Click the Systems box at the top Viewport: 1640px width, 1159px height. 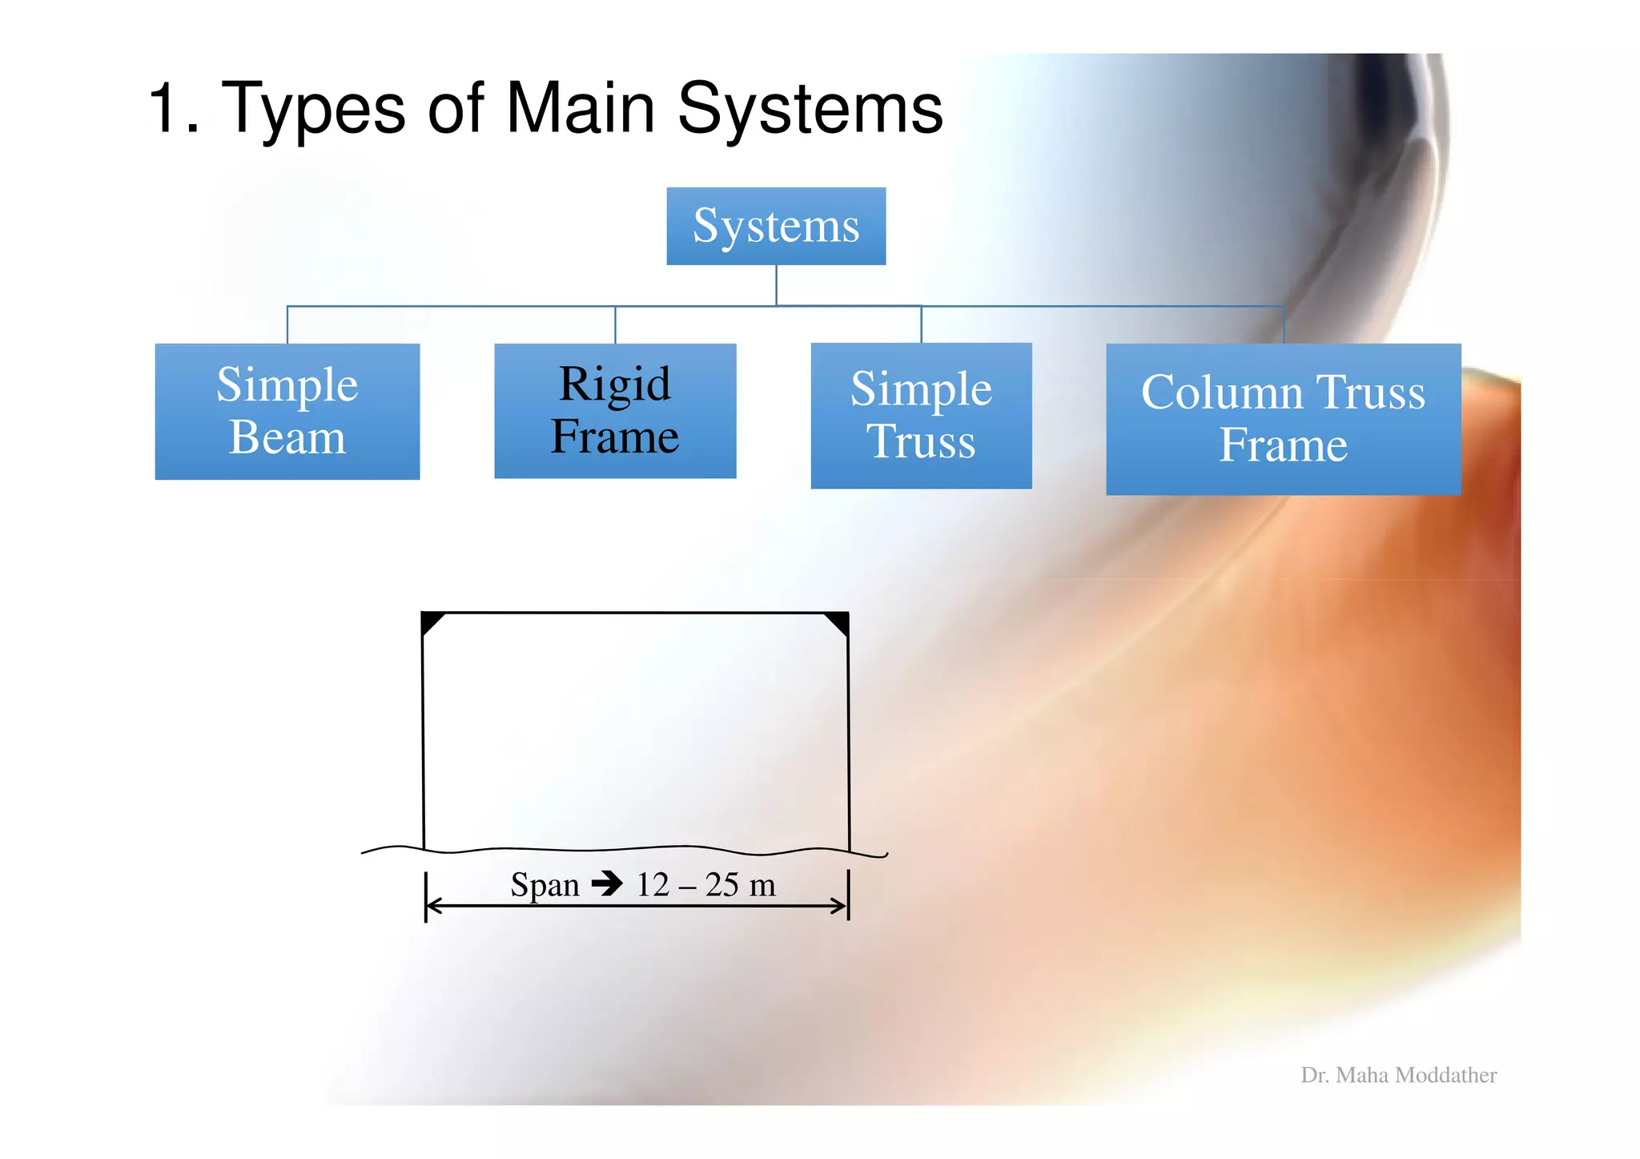click(775, 226)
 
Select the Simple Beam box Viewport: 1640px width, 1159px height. click(287, 411)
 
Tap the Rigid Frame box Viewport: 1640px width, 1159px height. click(614, 410)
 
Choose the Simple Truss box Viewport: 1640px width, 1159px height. click(920, 415)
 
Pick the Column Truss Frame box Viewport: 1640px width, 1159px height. click(1282, 418)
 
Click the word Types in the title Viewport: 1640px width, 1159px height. click(312, 109)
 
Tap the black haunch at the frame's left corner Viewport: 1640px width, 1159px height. click(430, 621)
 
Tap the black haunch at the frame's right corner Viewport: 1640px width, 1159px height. click(839, 622)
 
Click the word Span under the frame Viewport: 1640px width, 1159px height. click(545, 885)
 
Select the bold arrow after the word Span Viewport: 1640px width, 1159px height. click(607, 883)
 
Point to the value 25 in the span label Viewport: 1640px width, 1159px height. click(722, 884)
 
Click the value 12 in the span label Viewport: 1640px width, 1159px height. click(652, 884)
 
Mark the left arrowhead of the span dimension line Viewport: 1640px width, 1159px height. click(433, 906)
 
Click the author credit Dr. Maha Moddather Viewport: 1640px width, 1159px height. click(1398, 1075)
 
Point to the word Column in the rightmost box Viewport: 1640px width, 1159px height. click(1222, 392)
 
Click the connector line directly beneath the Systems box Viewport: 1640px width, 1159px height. click(775, 284)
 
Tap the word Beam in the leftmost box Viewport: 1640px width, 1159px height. click(287, 437)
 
